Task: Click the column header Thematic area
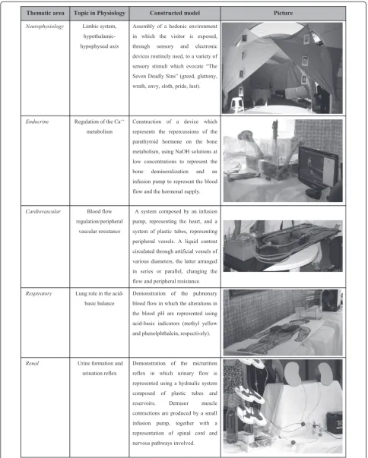click(x=46, y=13)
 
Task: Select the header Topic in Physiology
click(x=100, y=13)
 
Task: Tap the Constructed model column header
click(x=175, y=13)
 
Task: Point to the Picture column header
click(x=283, y=13)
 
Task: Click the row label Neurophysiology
click(x=44, y=27)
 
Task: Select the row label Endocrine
click(x=37, y=122)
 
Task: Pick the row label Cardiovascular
click(x=43, y=211)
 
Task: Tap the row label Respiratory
click(x=39, y=294)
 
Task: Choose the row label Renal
click(x=32, y=363)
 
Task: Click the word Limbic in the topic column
click(x=89, y=27)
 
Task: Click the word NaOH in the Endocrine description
click(x=182, y=152)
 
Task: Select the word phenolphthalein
click(x=160, y=333)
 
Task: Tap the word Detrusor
click(x=179, y=403)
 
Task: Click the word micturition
click(x=205, y=363)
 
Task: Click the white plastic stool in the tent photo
click(x=236, y=105)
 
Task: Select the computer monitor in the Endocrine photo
click(x=319, y=169)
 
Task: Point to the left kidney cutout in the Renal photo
click(x=293, y=373)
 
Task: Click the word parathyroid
click(x=145, y=142)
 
